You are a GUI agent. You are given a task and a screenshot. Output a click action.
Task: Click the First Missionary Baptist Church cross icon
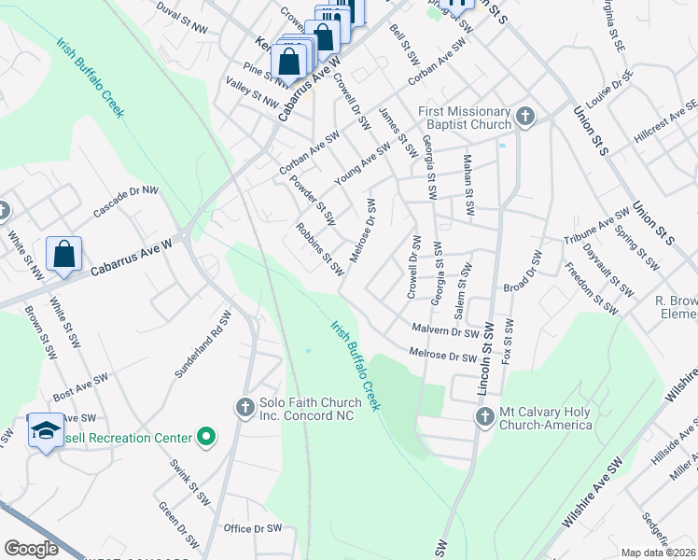coord(525,117)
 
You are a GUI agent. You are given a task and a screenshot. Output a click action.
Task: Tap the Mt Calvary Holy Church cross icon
coord(484,417)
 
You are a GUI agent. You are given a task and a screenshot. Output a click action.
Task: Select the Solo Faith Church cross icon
coord(244,407)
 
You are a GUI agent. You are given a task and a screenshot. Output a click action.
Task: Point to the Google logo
coord(32,549)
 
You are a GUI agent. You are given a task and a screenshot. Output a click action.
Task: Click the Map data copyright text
coord(658,553)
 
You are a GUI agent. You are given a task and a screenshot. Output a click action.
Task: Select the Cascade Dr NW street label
coord(126,201)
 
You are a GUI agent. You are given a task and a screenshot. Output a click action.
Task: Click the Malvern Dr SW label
coord(444,329)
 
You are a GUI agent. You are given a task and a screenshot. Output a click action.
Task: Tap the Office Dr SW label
coord(253,528)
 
